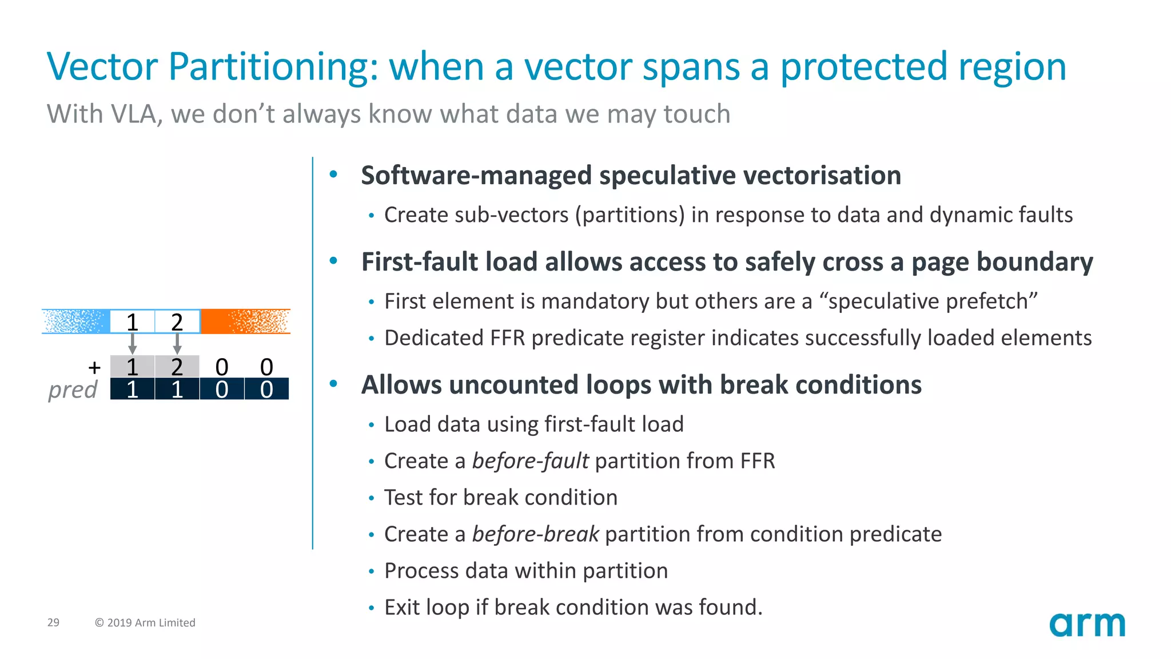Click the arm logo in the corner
point(1087,625)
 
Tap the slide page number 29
point(53,622)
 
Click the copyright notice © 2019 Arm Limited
point(145,622)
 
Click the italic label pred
point(73,390)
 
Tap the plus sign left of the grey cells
point(94,367)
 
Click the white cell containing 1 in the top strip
point(132,322)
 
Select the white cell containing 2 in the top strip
point(177,322)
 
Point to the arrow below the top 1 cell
point(133,343)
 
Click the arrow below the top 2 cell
point(177,343)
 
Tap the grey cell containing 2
point(177,367)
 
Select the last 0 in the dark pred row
point(266,390)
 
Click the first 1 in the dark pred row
point(132,390)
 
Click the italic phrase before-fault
point(530,461)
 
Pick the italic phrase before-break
point(535,534)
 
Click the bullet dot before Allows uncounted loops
point(334,384)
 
